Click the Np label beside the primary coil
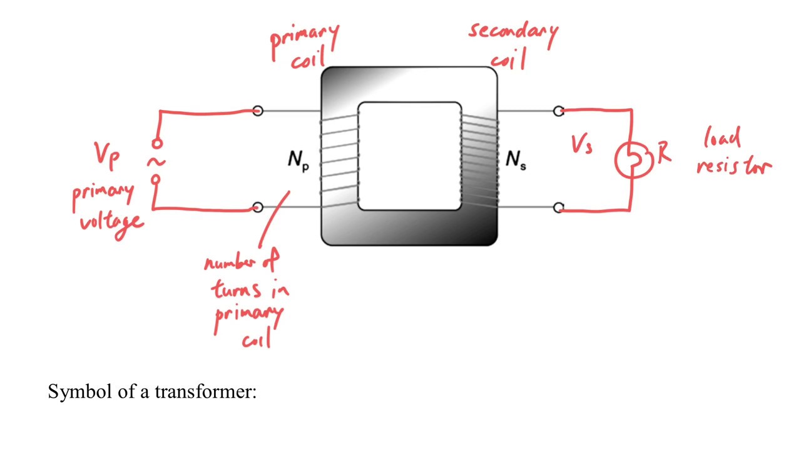pyautogui.click(x=298, y=161)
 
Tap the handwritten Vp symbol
pyautogui.click(x=106, y=154)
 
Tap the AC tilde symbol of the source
pyautogui.click(x=156, y=162)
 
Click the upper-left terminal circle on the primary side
pyautogui.click(x=258, y=111)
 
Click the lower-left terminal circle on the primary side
pyautogui.click(x=258, y=207)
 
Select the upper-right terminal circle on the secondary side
pyautogui.click(x=558, y=111)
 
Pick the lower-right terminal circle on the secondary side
pyautogui.click(x=558, y=207)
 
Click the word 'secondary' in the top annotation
pyautogui.click(x=513, y=31)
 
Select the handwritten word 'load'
pyautogui.click(x=723, y=137)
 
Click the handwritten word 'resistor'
pyautogui.click(x=734, y=166)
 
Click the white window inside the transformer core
pyautogui.click(x=409, y=156)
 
